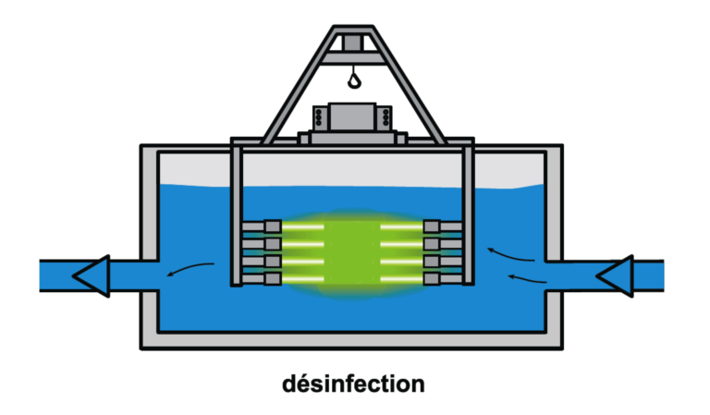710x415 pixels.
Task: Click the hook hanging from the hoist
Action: (354, 80)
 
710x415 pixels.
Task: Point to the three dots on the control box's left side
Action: (319, 117)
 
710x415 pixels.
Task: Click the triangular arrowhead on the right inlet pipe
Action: (614, 275)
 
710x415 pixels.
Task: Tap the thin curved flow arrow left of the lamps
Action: (190, 270)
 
